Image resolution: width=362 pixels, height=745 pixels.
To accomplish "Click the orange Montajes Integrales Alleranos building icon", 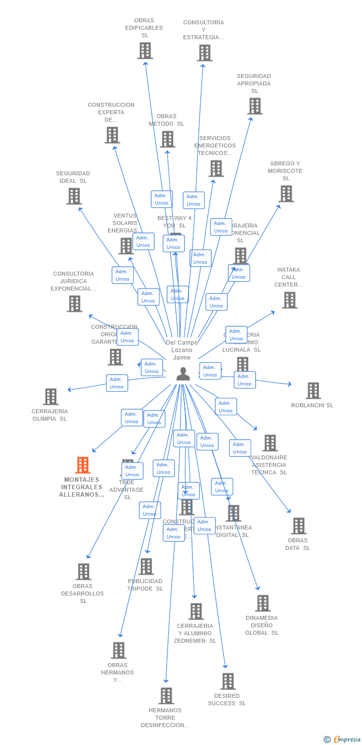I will [x=83, y=465].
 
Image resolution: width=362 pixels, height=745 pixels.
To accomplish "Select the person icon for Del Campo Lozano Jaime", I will [x=183, y=374].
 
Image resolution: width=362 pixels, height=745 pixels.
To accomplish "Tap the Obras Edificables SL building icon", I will [x=145, y=51].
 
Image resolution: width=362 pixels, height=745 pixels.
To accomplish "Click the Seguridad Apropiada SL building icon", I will [x=255, y=106].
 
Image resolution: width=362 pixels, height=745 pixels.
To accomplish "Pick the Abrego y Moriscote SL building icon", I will [x=286, y=194].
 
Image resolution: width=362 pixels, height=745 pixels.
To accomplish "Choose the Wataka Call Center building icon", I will [x=289, y=300].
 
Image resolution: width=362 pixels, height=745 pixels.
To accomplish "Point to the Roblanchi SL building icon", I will [x=313, y=391].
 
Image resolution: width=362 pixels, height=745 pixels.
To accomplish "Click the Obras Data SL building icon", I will [x=298, y=526].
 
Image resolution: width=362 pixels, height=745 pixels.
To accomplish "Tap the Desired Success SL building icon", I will [x=228, y=681].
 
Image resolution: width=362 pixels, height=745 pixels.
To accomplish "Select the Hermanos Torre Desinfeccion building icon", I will [x=166, y=696].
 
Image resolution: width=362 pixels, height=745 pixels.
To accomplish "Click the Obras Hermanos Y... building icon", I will [x=118, y=650].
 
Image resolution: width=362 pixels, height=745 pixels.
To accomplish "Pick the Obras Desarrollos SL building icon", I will [x=84, y=572].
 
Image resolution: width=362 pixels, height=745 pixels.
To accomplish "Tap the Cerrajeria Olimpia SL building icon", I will [x=51, y=397].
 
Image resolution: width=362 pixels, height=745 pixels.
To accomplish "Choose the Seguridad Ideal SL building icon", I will [x=74, y=196].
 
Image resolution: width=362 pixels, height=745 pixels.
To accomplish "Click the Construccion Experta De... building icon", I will [x=112, y=135].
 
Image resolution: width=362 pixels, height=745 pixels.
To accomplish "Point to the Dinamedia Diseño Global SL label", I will [x=262, y=625].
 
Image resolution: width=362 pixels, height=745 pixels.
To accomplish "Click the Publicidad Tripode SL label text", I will [x=145, y=585].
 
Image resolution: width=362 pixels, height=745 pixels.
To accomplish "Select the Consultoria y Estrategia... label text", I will [x=203, y=30].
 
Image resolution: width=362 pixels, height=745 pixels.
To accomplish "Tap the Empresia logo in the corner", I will [x=343, y=740].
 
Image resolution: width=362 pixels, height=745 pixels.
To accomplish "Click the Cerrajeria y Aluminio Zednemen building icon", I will [x=196, y=611].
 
